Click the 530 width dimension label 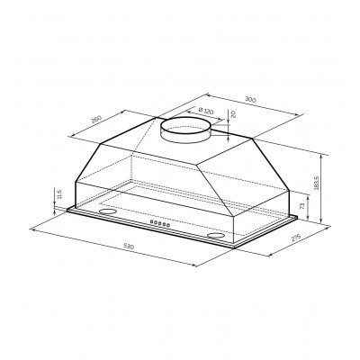tap(128, 247)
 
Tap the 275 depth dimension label tap(296, 237)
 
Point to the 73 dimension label tap(302, 206)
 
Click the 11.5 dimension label tap(58, 194)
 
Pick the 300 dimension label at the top tap(250, 99)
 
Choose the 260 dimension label tap(96, 119)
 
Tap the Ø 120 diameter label tap(206, 111)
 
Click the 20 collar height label tap(234, 114)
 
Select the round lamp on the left tap(107, 211)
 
